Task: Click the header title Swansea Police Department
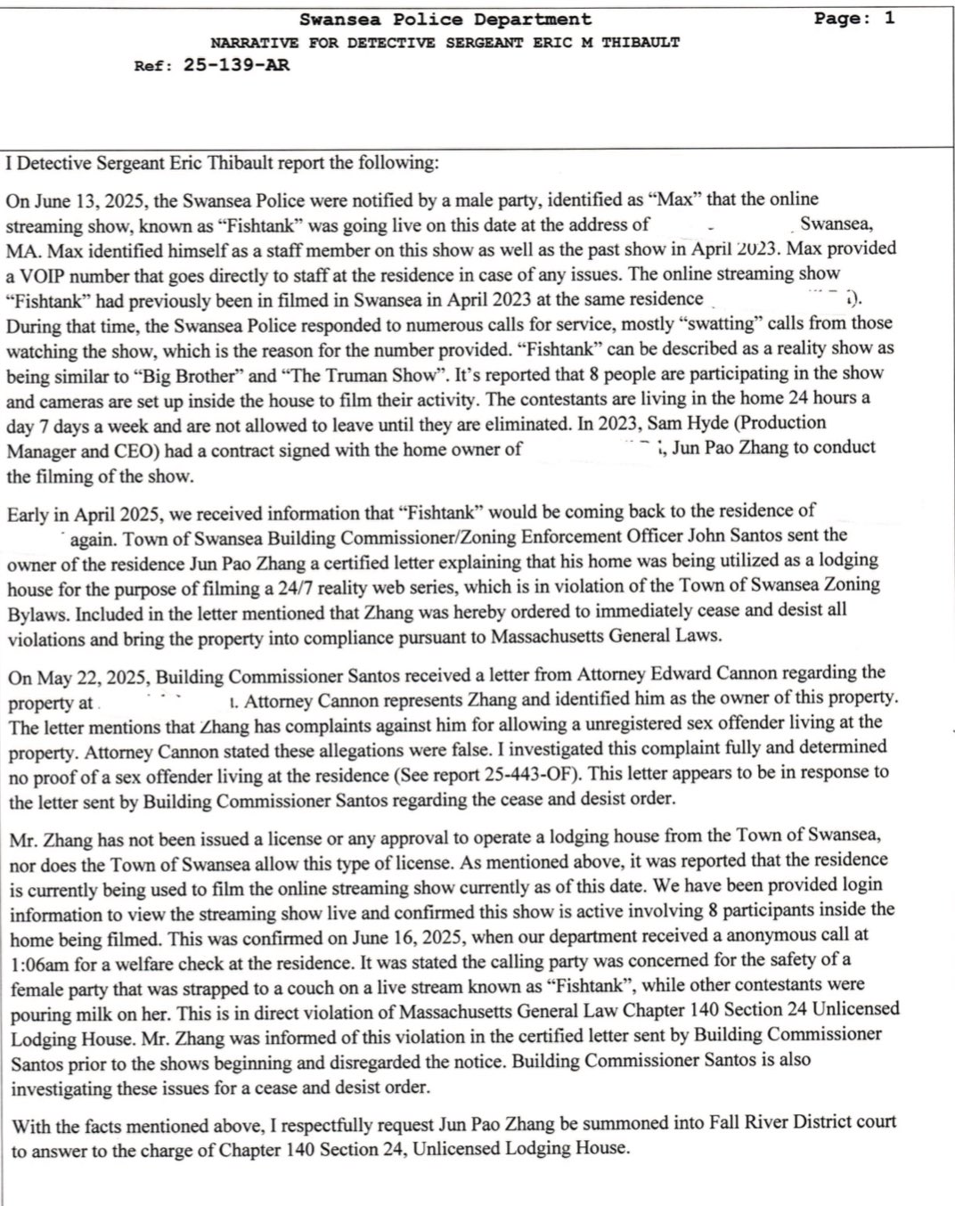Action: tap(445, 19)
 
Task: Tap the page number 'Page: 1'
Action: tap(853, 18)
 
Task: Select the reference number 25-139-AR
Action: tap(236, 65)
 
